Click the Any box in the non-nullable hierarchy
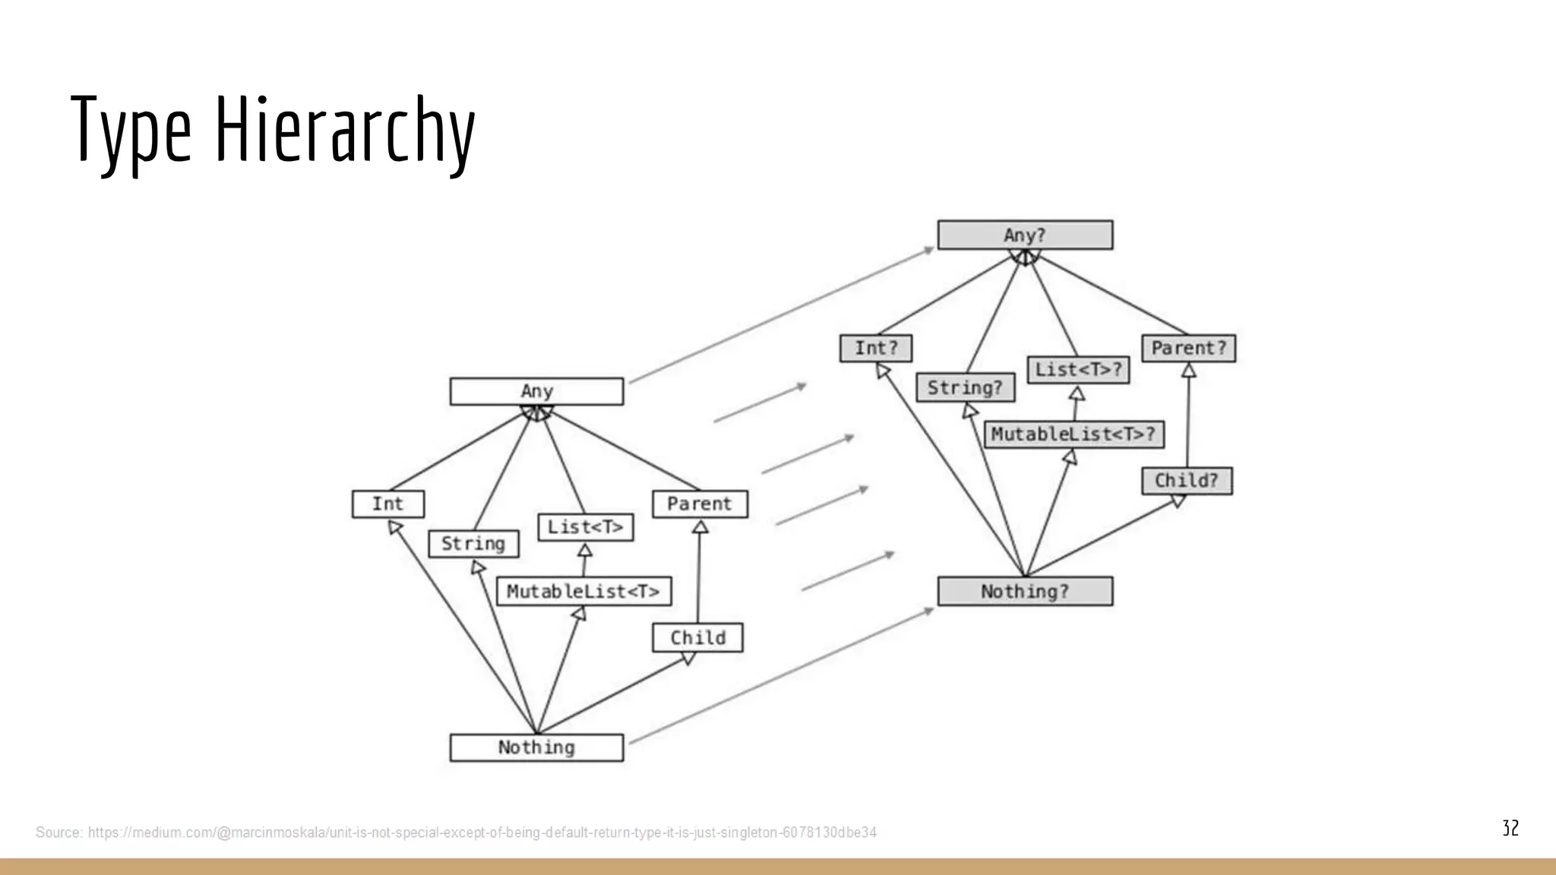[536, 391]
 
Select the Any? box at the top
[1025, 235]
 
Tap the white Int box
[388, 504]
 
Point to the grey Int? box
[876, 349]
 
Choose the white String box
[473, 544]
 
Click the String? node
[965, 388]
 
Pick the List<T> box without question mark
[585, 527]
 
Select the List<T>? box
[1078, 370]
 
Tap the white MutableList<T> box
[583, 591]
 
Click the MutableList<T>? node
[1073, 434]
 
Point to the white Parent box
[700, 504]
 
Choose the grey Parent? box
[1188, 349]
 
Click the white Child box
[697, 638]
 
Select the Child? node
[1186, 481]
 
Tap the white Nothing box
[536, 747]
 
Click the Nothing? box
[1025, 591]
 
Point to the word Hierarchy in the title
[346, 129]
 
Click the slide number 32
[1510, 828]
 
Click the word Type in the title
[131, 129]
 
